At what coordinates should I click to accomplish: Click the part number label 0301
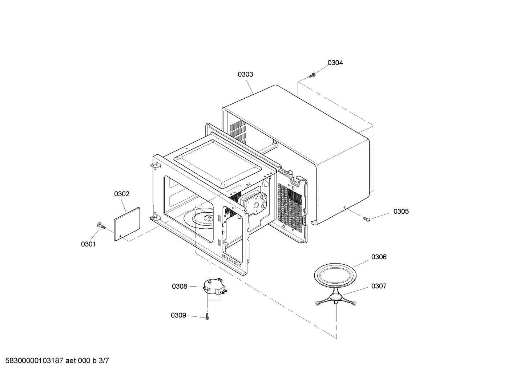tap(88, 244)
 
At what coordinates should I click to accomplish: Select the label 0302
tap(122, 194)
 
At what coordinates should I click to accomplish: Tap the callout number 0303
tap(245, 74)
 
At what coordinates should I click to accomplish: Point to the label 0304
tap(335, 63)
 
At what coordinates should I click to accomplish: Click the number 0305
tap(401, 212)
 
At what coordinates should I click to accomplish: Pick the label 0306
tap(379, 257)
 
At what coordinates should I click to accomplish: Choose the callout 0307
tap(379, 286)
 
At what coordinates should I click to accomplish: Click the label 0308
tap(180, 287)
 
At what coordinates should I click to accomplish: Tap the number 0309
tap(178, 315)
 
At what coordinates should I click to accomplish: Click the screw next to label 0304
tap(312, 75)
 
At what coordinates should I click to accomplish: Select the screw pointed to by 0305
tap(367, 219)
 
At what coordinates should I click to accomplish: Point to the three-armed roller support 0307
tap(336, 298)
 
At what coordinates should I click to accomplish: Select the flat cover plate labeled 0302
tap(127, 224)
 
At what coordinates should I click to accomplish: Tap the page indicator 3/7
tap(104, 361)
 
